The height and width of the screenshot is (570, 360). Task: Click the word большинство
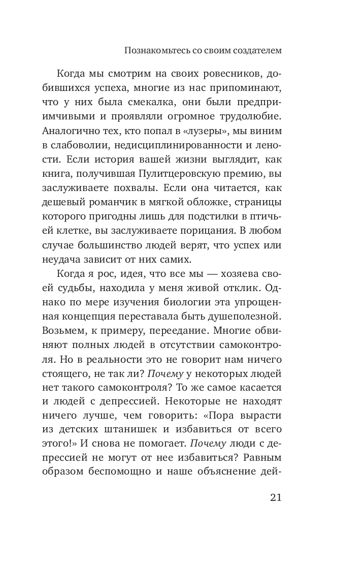107,246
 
